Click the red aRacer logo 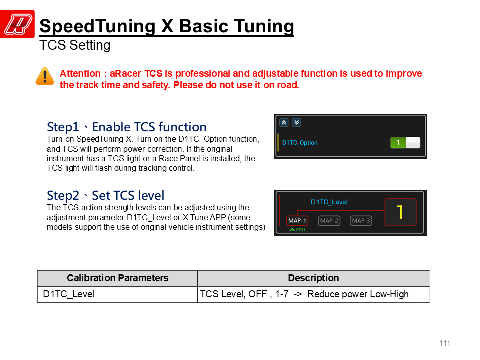click(17, 24)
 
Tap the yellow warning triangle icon click(45, 76)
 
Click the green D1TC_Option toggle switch click(405, 143)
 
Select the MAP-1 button click(297, 220)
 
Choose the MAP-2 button click(329, 220)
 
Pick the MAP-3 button click(361, 220)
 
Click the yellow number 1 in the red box click(400, 212)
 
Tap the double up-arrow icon click(284, 123)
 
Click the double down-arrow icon click(296, 123)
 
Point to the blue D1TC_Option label click(300, 143)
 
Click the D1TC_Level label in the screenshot click(329, 202)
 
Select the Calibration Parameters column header click(118, 278)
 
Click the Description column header click(314, 278)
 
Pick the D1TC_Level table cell click(118, 294)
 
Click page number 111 click(445, 344)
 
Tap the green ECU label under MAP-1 click(297, 230)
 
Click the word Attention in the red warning click(80, 74)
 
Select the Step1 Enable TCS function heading click(126, 127)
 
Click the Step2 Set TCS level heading click(105, 195)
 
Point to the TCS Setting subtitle click(75, 45)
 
